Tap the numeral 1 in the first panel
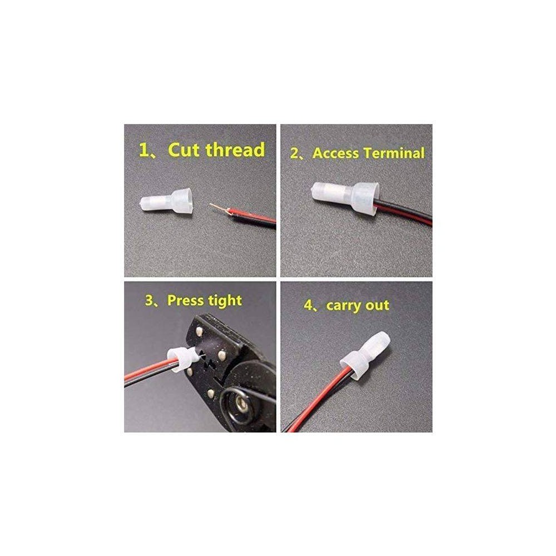(x=145, y=150)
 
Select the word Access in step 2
(x=335, y=153)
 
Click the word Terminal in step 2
(x=394, y=153)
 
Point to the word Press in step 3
(x=185, y=301)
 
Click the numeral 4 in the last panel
(x=308, y=305)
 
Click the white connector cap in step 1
(x=166, y=202)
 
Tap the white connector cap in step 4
(x=365, y=352)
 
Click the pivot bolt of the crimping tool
(x=240, y=402)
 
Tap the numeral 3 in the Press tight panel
(x=149, y=301)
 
